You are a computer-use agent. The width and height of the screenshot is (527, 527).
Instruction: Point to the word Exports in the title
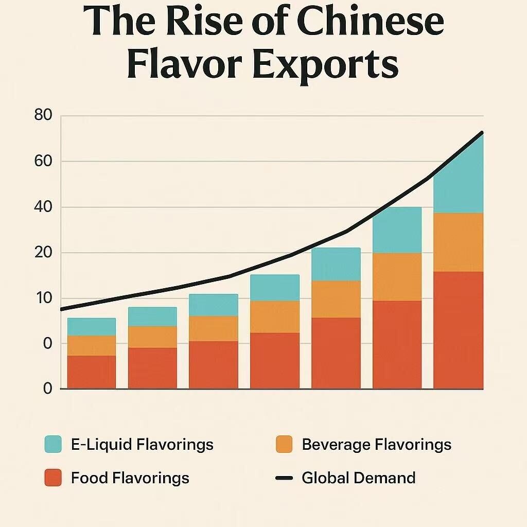(324, 66)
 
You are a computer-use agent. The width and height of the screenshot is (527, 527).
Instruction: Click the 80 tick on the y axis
(43, 115)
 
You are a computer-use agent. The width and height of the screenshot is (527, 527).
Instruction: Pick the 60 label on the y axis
(43, 161)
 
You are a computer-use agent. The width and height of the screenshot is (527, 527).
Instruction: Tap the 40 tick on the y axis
(43, 207)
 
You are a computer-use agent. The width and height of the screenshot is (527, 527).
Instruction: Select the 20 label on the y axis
(43, 253)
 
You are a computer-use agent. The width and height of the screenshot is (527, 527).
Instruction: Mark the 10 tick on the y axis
(43, 298)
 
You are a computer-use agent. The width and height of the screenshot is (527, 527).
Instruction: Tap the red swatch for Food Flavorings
(53, 478)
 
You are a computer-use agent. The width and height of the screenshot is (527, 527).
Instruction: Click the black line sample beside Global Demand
(284, 478)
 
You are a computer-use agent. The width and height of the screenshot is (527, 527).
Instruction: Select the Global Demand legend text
(358, 478)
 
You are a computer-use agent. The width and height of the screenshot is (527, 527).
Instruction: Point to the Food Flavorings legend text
(130, 478)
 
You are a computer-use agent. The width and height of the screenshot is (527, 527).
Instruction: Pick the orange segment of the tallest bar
(458, 242)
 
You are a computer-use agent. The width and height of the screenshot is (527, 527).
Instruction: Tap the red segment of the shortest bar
(92, 372)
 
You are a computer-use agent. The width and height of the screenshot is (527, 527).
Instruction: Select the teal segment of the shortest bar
(92, 327)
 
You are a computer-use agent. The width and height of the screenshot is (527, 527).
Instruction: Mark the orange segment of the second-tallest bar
(397, 276)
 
